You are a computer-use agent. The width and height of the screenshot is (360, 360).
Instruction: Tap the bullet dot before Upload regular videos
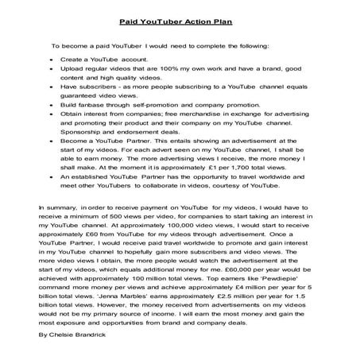(x=51, y=71)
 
